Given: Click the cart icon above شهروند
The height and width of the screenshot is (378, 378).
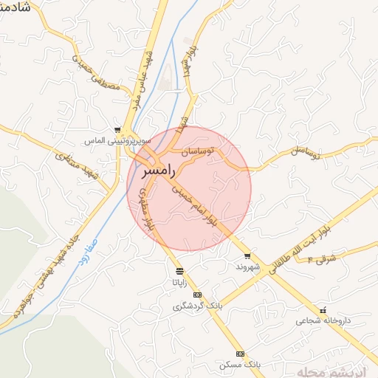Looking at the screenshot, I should coord(247,256).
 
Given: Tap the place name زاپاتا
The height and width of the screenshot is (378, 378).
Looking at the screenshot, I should coord(180,282).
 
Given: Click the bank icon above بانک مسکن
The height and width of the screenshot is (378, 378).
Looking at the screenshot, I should coord(239,354).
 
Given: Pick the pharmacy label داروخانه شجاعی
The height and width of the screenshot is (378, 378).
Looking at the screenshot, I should coord(320,321).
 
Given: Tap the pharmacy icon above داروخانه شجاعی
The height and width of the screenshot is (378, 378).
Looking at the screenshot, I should coord(320,311).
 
